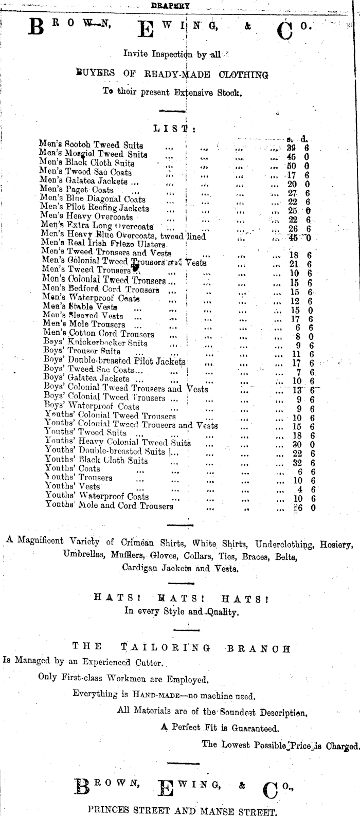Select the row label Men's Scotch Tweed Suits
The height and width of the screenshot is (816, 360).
91,146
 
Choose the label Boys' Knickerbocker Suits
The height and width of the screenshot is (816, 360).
95,342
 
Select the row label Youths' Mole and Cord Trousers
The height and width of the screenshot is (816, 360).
109,506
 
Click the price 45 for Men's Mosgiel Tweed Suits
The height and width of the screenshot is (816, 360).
292,156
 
